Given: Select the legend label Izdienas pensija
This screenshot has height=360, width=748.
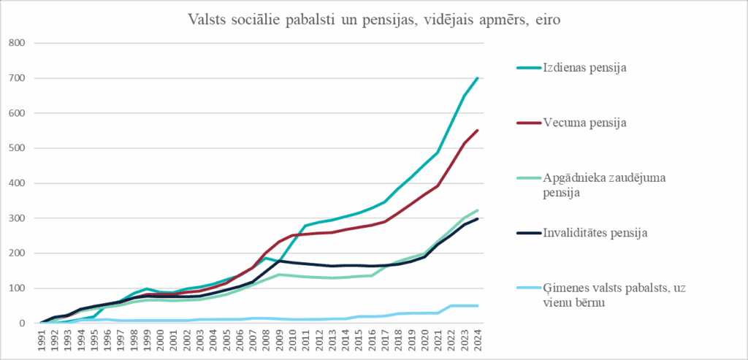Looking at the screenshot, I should (x=585, y=68).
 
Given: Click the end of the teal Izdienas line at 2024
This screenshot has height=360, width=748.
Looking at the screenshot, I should (x=477, y=78).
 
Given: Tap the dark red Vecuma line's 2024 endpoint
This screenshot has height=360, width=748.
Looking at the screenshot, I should (x=477, y=131).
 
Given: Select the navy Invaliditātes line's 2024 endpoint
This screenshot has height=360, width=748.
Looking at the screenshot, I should (x=477, y=219).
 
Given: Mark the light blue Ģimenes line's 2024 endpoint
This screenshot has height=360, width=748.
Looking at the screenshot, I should (x=477, y=306).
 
